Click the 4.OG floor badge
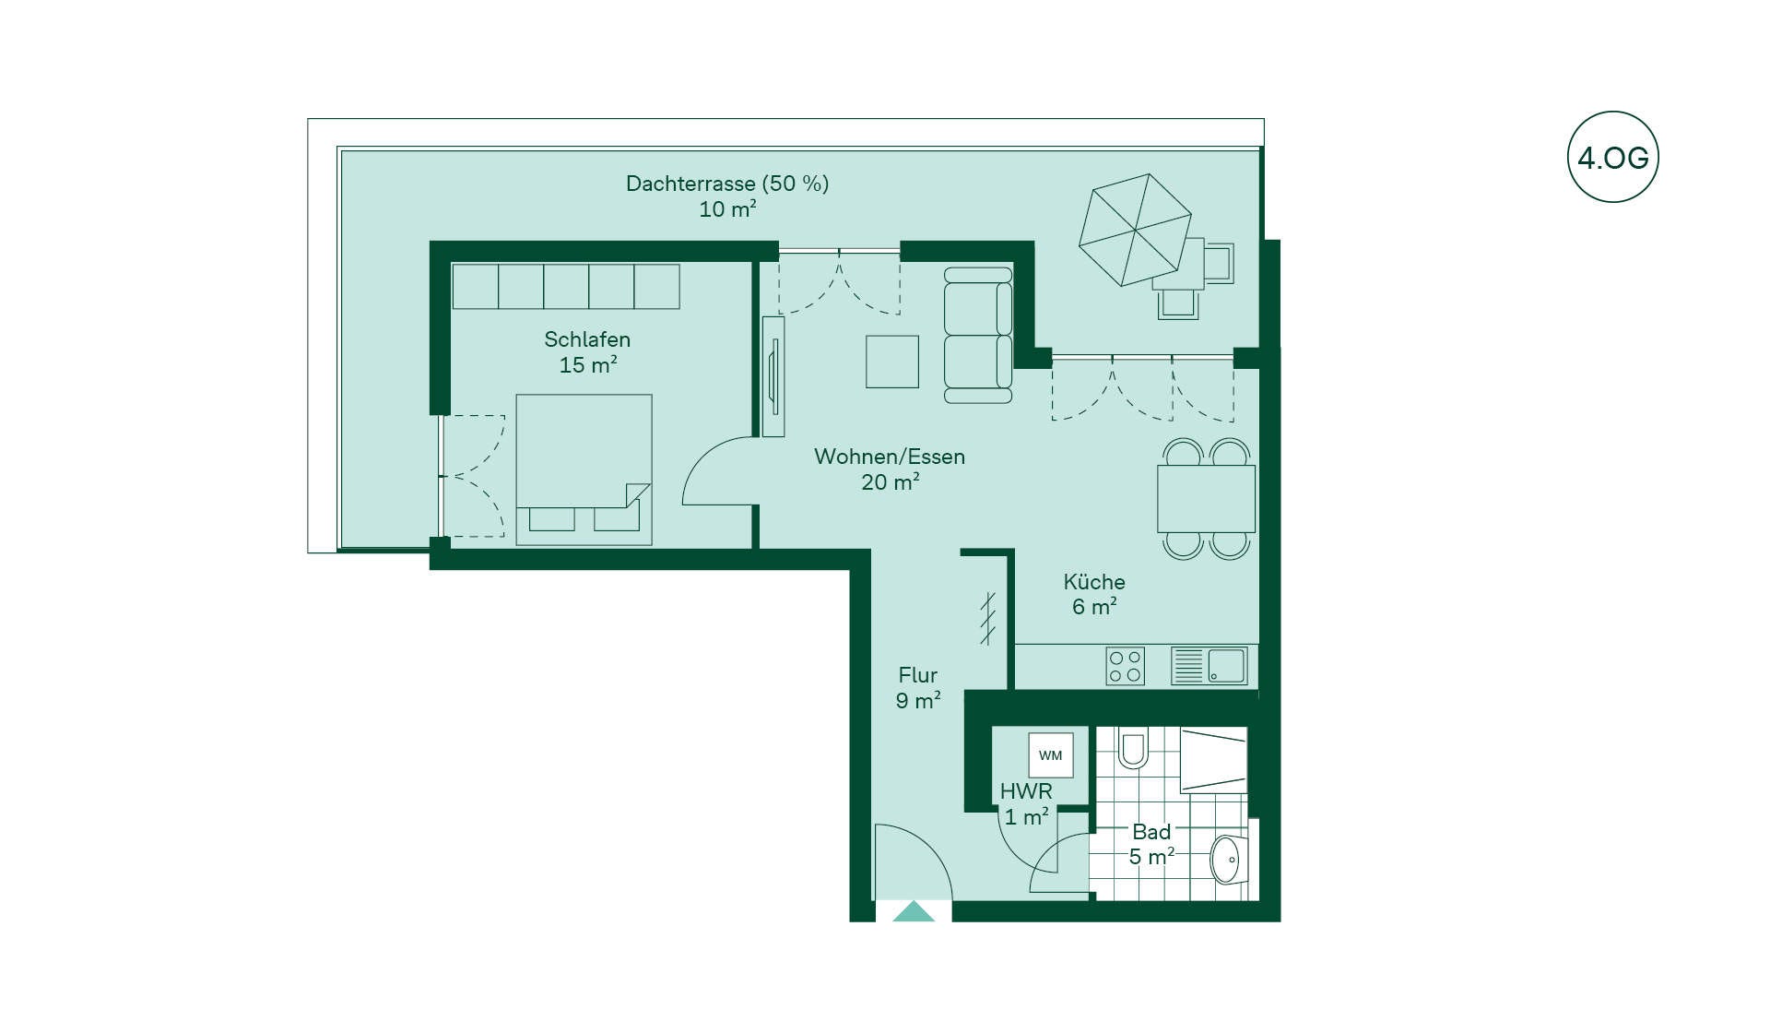[1612, 157]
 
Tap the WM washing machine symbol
[1050, 755]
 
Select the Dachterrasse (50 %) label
[727, 184]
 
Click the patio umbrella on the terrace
[1135, 230]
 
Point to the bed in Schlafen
[584, 469]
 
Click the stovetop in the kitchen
[1125, 666]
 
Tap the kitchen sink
[1209, 666]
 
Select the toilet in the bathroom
[1132, 748]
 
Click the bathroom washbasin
[1229, 860]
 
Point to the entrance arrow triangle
[914, 911]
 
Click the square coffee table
[891, 362]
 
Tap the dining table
[1206, 498]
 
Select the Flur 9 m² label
[918, 688]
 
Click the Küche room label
[1094, 582]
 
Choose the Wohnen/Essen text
[890, 457]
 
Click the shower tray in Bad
[1214, 759]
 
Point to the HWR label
[1026, 791]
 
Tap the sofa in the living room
[978, 335]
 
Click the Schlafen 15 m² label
[587, 352]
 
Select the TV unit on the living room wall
[773, 376]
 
